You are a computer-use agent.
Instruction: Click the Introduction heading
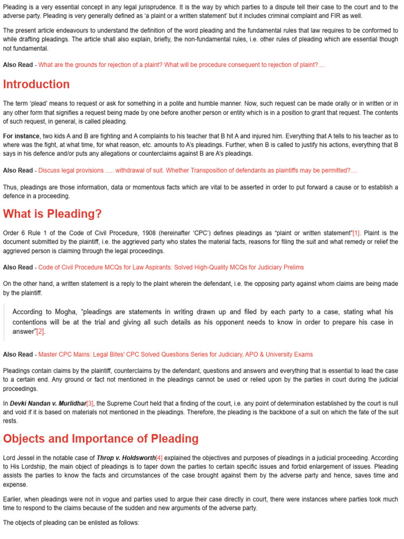click(x=36, y=84)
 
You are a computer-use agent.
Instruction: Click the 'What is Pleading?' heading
click(x=53, y=214)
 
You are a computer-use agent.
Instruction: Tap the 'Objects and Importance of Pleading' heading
click(x=100, y=438)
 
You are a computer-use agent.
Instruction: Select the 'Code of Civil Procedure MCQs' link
click(x=171, y=267)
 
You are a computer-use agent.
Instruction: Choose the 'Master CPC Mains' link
click(x=175, y=354)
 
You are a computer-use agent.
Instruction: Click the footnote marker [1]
click(x=356, y=233)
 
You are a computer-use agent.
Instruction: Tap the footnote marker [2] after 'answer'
click(x=41, y=332)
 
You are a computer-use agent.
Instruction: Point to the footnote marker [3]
click(x=90, y=403)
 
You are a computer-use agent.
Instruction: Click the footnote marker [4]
click(x=159, y=458)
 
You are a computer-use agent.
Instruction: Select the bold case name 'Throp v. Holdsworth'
click(x=126, y=458)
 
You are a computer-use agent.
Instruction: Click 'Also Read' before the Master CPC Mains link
click(x=17, y=354)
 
